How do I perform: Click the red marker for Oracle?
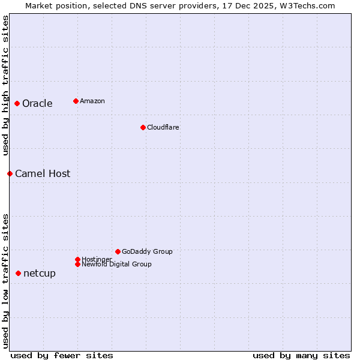(x=17, y=103)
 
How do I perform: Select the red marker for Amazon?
(x=76, y=101)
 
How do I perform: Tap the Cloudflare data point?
(x=143, y=127)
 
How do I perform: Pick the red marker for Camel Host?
(x=10, y=173)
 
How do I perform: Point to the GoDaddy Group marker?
(x=118, y=251)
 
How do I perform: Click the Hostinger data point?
(x=77, y=259)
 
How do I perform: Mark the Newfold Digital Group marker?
(x=77, y=264)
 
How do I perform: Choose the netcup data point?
(x=18, y=273)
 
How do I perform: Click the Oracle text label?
(x=37, y=103)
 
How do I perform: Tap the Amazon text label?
(x=92, y=101)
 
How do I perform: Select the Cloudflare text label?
(x=163, y=127)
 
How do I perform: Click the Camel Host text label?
(x=43, y=173)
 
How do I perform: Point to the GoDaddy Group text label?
(x=147, y=251)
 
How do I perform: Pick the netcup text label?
(x=40, y=273)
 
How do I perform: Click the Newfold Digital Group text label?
(x=117, y=264)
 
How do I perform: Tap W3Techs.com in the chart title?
(x=304, y=5)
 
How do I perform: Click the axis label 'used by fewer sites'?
(x=62, y=355)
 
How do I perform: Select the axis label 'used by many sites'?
(x=301, y=355)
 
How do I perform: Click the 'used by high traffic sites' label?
(x=5, y=85)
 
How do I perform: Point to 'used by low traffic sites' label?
(x=5, y=281)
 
